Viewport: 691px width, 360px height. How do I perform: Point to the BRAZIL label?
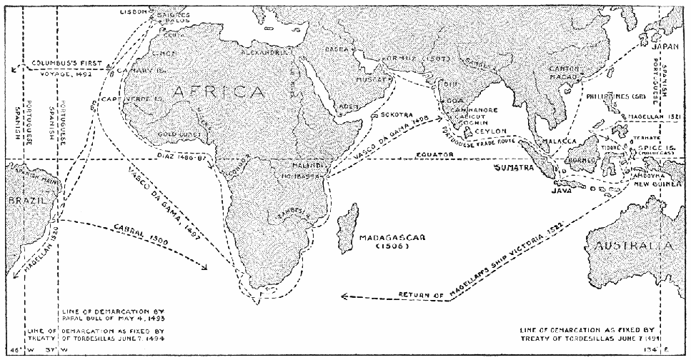point(22,202)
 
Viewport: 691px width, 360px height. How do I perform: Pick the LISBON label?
point(133,12)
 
